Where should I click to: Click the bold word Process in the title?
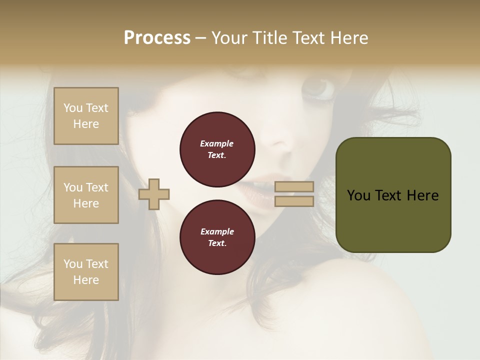point(157,38)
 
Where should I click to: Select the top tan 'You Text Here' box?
point(86,116)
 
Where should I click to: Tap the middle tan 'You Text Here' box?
point(86,195)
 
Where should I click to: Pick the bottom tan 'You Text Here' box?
point(86,272)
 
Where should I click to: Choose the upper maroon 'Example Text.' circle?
point(217,149)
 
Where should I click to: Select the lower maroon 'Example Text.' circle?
point(217,237)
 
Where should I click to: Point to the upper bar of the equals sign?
point(294,187)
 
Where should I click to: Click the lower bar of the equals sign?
point(294,201)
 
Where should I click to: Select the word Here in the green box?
point(422,195)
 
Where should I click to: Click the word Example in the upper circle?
point(217,144)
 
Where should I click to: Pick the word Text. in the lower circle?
point(217,243)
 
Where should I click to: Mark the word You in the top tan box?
point(73,108)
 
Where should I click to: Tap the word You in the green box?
point(359,195)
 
